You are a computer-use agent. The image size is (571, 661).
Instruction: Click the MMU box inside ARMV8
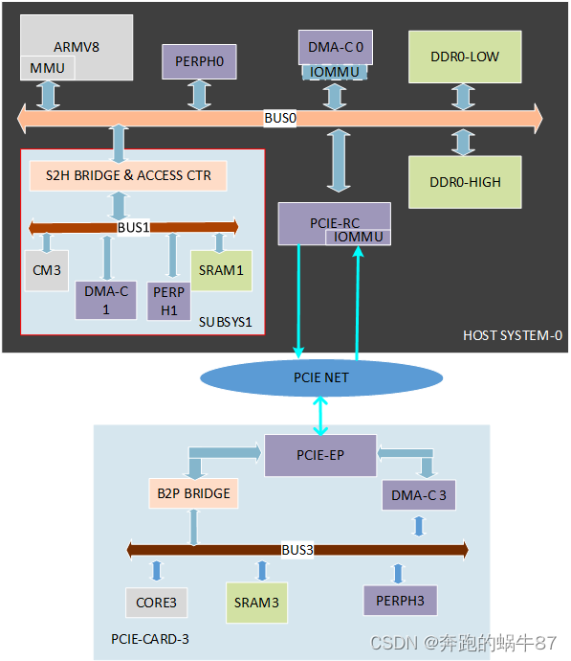(x=47, y=68)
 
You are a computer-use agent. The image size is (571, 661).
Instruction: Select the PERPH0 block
(x=198, y=62)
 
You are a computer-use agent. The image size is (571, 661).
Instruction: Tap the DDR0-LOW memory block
(x=465, y=57)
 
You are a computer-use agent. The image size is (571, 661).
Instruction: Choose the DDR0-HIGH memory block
(x=465, y=182)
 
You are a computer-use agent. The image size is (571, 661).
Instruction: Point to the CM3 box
(x=46, y=270)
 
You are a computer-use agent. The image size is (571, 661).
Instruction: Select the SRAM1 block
(x=221, y=270)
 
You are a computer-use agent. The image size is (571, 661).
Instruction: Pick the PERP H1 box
(x=168, y=302)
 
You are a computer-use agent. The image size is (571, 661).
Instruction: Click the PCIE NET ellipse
(x=320, y=377)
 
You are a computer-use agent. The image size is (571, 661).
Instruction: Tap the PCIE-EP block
(x=319, y=455)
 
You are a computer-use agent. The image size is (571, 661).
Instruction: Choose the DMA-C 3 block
(x=418, y=495)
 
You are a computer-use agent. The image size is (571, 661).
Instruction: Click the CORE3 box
(x=156, y=603)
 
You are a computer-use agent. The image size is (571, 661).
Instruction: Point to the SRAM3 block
(x=256, y=603)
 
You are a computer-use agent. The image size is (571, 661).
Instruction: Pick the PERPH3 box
(x=400, y=601)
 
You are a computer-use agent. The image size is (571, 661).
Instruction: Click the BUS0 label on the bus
(x=280, y=119)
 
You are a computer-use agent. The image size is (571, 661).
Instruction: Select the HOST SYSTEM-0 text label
(x=511, y=335)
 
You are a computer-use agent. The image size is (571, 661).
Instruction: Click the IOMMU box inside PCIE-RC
(x=357, y=236)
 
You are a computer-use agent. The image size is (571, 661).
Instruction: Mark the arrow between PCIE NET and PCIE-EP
(x=320, y=415)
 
